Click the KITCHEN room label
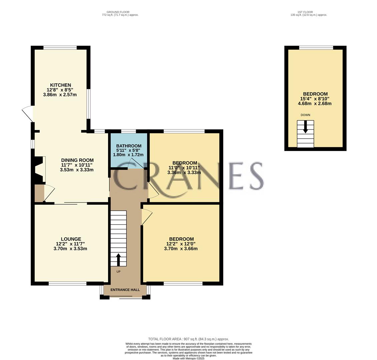[60, 85]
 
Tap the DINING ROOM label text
[77, 160]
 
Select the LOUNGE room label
[71, 239]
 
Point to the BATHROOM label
[129, 146]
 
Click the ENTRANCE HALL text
[125, 290]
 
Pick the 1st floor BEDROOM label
[315, 94]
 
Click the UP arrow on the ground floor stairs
[118, 259]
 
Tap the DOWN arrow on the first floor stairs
[305, 127]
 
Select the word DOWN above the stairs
[305, 115]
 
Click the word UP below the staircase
[118, 272]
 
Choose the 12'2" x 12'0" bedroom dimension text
[181, 244]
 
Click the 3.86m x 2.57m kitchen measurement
[60, 95]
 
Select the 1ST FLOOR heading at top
[305, 12]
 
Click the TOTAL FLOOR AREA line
[188, 339]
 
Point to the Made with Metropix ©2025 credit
[188, 358]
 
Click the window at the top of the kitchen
[60, 48]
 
